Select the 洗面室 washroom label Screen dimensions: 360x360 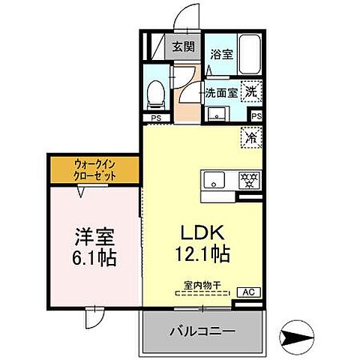point(222,94)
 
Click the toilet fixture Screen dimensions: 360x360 point(156,91)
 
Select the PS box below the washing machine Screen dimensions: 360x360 point(256,116)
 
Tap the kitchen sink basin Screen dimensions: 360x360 point(214,181)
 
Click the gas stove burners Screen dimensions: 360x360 point(247,181)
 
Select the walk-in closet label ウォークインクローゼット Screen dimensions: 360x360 point(94,169)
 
